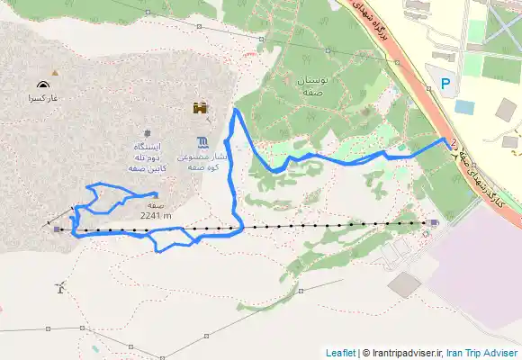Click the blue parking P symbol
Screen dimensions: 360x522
coord(445,85)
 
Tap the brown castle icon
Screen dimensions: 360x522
coord(200,108)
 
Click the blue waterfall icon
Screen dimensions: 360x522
coord(204,141)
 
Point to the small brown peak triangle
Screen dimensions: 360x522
coord(56,72)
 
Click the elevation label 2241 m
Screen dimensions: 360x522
coord(156,215)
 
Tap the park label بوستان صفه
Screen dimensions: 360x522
coord(317,86)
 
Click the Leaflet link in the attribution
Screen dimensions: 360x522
coord(340,353)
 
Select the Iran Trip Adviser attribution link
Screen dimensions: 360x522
coord(482,353)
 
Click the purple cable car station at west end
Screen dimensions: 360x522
coord(58,229)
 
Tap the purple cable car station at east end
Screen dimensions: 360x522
coord(434,222)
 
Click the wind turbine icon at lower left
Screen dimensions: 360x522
coord(59,288)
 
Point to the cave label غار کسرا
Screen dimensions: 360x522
coord(41,97)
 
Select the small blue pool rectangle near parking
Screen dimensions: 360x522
coord(464,107)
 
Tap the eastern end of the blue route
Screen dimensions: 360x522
coord(447,140)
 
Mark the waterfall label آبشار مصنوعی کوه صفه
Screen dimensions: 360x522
coord(204,160)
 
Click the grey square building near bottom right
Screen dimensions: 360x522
coord(405,284)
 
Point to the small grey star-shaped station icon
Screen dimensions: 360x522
coord(145,134)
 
